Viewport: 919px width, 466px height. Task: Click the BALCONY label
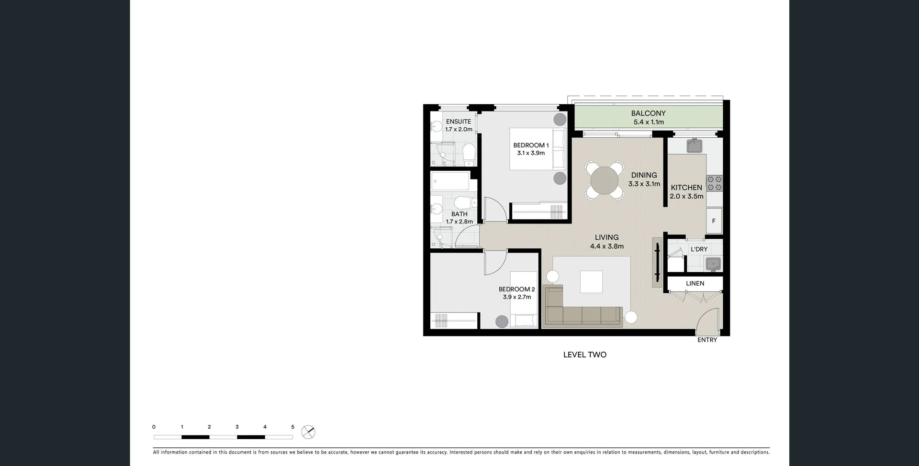(648, 113)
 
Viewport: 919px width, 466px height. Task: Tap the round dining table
(605, 181)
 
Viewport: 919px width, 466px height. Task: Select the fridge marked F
(714, 221)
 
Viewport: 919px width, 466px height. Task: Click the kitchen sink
(694, 145)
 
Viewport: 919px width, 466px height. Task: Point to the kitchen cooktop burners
(714, 183)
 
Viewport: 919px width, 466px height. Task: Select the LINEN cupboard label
(695, 283)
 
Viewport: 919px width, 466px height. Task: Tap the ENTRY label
(707, 340)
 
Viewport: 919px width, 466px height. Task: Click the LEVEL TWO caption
(584, 355)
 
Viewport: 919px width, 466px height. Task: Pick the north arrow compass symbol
(308, 433)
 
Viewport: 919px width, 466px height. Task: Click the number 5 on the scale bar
(292, 427)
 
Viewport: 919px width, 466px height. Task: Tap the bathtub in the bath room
(450, 181)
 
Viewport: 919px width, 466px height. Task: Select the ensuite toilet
(469, 154)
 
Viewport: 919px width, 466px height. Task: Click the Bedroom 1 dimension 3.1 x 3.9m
(531, 153)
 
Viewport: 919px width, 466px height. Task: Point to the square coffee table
(591, 282)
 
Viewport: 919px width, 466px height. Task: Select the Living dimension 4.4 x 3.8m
(606, 246)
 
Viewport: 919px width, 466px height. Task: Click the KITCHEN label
(686, 188)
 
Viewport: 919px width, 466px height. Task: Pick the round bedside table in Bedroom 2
(501, 322)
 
